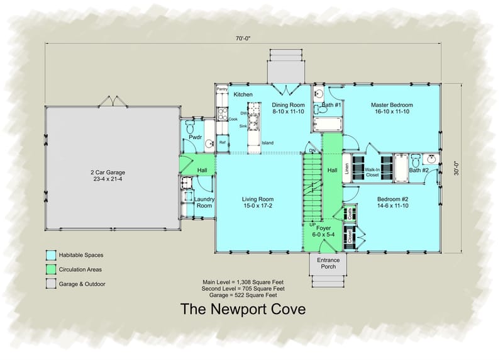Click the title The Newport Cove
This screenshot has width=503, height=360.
(x=243, y=309)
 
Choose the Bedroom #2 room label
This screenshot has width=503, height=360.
(x=392, y=202)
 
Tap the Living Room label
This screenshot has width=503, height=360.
(x=258, y=202)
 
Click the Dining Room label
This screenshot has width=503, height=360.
(x=288, y=108)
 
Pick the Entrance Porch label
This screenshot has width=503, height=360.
(x=328, y=263)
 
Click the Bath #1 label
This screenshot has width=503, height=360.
(x=331, y=104)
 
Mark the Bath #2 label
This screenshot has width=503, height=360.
(x=419, y=170)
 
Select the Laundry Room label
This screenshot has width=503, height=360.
(x=205, y=203)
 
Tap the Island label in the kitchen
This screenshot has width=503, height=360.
(x=268, y=142)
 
